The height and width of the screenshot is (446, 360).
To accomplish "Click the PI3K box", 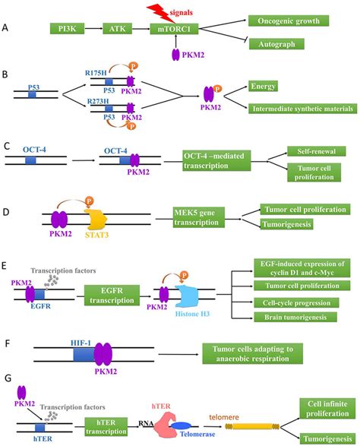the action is point(67,29).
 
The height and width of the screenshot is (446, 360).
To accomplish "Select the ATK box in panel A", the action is point(117,29).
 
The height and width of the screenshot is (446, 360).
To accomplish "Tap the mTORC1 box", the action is point(174,29).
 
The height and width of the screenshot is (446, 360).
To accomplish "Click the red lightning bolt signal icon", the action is point(161,13).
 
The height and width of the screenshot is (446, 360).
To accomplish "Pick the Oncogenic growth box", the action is point(289,21).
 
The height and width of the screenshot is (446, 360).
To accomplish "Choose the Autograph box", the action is point(276,44).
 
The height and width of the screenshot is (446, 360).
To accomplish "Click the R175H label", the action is point(96,73).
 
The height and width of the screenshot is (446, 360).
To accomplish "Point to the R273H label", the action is point(98,101).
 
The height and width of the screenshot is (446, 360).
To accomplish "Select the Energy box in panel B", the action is point(263,86).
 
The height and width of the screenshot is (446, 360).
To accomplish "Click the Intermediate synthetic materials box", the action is point(302,109).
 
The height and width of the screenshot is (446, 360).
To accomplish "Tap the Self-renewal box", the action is point(317,151).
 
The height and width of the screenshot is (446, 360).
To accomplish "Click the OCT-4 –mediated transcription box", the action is point(216,161).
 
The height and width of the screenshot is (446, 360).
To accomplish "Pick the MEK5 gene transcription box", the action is point(199,217).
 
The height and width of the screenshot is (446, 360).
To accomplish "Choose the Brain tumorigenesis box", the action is point(295,317).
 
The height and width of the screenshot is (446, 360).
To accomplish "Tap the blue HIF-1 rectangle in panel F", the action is point(84,354).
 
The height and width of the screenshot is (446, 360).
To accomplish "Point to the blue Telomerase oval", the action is point(181,425).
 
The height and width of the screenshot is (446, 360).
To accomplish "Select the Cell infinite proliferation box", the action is point(327,409).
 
